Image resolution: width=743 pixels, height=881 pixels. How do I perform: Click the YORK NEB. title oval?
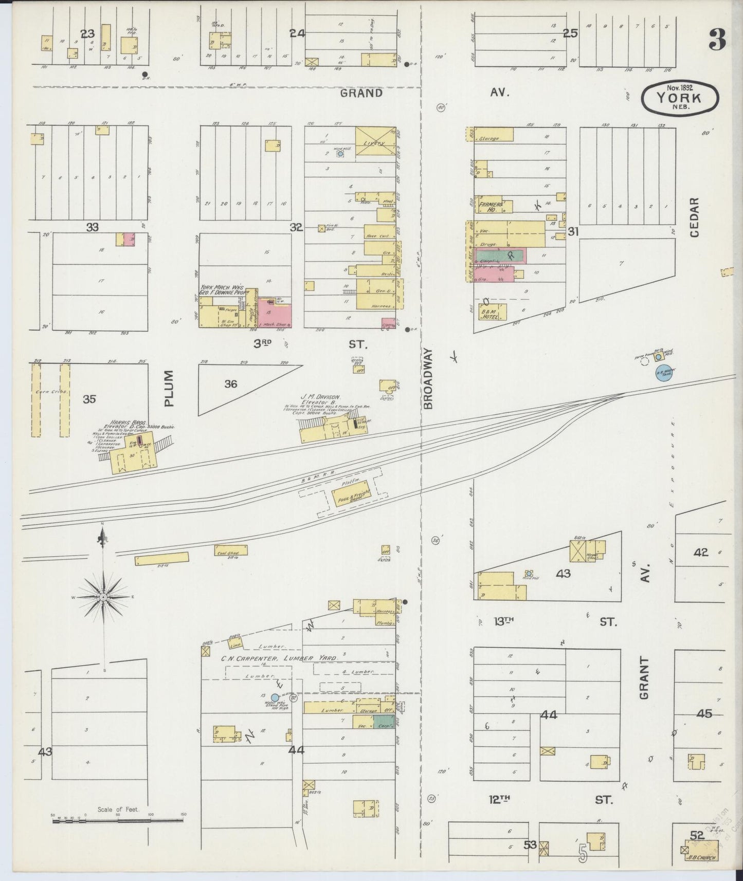680,96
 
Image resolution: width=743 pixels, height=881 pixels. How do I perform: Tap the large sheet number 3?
717,40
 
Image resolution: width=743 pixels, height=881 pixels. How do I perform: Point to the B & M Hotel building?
493,312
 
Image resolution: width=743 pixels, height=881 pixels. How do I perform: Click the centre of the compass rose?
103,597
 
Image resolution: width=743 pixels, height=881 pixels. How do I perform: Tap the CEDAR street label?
695,217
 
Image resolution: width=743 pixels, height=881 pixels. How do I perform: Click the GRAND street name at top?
362,93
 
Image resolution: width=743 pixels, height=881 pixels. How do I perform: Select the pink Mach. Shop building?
275,314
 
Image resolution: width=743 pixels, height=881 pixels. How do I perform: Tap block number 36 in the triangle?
231,383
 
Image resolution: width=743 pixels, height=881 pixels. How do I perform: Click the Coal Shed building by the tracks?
231,550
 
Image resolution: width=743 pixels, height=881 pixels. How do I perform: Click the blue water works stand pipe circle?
275,698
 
